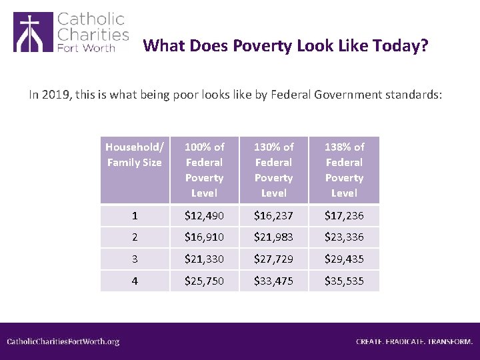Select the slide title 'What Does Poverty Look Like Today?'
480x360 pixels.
pos(285,46)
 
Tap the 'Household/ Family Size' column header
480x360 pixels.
pos(134,155)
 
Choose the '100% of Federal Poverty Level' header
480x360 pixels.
pos(204,169)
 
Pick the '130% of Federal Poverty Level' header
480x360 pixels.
pos(273,169)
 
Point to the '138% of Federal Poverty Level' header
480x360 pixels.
pos(344,169)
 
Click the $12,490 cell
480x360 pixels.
pos(204,216)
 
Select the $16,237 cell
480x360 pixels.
pos(273,216)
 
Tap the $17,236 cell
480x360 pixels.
pos(344,216)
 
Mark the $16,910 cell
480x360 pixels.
pos(204,237)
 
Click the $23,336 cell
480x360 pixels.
pos(344,237)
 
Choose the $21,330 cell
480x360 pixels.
pos(204,259)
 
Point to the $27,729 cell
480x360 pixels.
pos(273,259)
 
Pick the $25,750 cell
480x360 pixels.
pos(204,281)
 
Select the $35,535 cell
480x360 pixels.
pos(344,281)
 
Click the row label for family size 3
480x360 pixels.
pos(135,259)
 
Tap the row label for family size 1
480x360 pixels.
pos(135,216)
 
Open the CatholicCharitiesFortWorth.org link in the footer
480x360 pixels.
pos(63,341)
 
